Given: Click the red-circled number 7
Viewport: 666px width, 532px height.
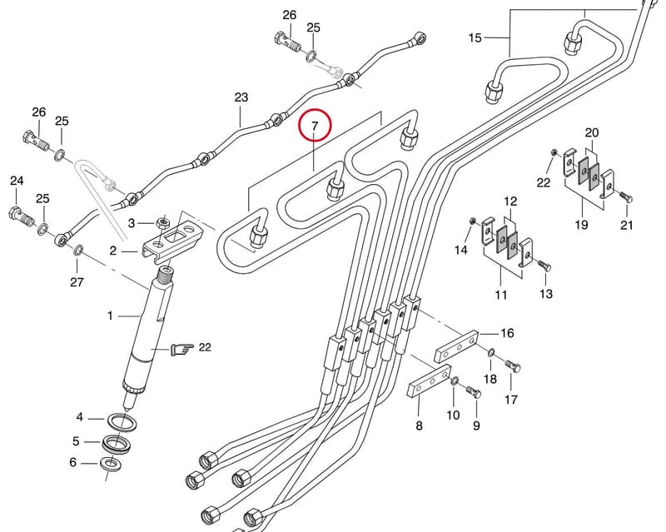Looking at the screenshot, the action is coord(315,126).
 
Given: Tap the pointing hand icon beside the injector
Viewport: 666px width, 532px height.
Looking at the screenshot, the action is coord(181,349).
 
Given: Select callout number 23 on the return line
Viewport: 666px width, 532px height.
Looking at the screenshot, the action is coord(241,97).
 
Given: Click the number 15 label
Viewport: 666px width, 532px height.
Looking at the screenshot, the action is coord(475,37).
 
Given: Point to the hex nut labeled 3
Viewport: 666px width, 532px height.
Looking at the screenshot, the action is coord(162,221).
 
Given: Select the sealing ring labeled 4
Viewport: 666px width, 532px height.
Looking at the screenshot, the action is coord(122,422).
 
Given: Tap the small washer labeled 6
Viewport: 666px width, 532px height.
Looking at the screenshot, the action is coord(111,463).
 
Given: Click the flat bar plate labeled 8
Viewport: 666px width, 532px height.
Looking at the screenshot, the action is coord(430,380).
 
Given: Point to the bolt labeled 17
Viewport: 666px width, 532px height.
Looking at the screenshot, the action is coord(513,365).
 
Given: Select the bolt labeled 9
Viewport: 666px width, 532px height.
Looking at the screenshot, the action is coord(474,390).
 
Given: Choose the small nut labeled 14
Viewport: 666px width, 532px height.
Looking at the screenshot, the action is coord(472,221).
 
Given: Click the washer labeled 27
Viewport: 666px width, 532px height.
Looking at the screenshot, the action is coord(78,250).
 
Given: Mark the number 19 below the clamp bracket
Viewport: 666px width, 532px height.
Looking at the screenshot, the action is coord(581,224).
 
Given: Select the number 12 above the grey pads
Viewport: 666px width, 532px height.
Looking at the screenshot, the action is coord(510,201).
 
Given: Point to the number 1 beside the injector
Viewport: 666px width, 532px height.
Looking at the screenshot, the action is coord(110,316).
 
